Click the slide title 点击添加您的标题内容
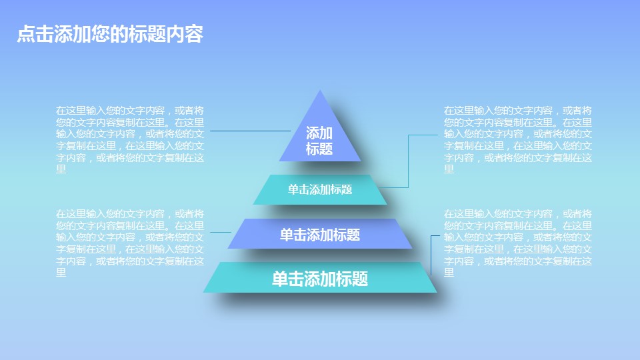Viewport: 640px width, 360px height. pos(109,35)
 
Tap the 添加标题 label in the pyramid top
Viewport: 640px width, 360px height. pos(319,141)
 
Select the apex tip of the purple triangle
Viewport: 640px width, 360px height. pos(321,92)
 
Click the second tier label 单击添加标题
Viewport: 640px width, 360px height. pos(320,189)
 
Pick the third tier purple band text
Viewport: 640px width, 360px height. pos(320,235)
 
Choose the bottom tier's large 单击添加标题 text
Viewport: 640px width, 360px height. pos(320,279)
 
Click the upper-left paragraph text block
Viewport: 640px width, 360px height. pos(130,139)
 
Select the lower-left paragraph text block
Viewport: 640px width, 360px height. pos(130,243)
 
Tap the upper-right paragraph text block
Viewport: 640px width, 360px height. pos(518,139)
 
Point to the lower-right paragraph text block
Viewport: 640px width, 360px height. pos(518,243)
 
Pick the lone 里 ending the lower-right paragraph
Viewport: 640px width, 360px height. pos(449,273)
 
